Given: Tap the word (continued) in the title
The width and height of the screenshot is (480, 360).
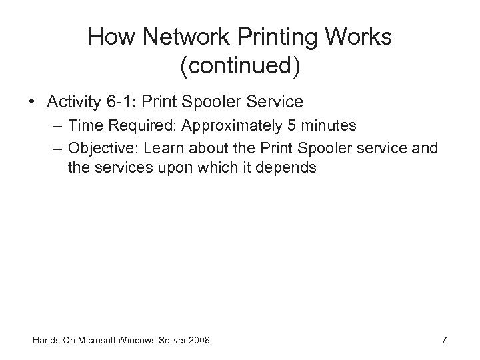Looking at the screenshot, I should [x=240, y=65].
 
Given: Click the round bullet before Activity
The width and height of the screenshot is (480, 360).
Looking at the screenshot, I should [x=31, y=103].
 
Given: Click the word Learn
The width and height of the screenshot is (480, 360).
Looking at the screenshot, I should [x=157, y=148].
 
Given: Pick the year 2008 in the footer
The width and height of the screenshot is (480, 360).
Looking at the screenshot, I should [x=198, y=341].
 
